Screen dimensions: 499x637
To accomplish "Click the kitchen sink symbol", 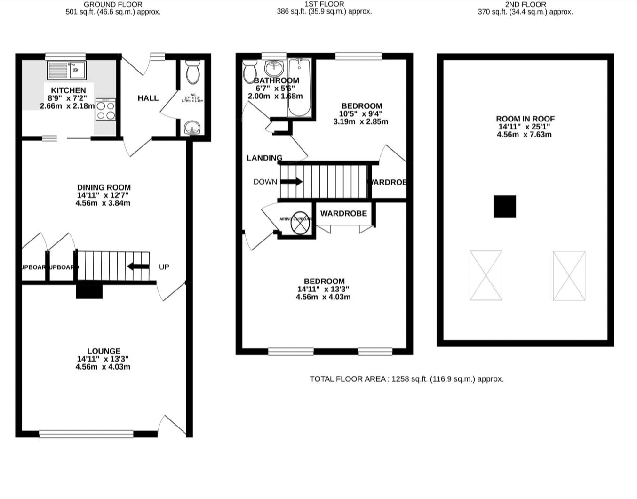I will coord(67,70).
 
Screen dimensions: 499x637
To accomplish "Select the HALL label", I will coord(148,98).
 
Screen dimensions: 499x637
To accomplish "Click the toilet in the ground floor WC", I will coord(193,72).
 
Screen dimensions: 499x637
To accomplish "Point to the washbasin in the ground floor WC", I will coord(192,128).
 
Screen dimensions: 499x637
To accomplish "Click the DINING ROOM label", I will coord(104,187).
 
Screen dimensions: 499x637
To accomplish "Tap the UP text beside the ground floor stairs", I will coord(164,267).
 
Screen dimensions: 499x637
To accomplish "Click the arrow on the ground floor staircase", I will coord(138,266).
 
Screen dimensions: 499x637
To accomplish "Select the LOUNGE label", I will coord(104,351).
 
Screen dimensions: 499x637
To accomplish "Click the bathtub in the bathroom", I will coord(299,88).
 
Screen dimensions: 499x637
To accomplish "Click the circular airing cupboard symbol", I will coord(300,223).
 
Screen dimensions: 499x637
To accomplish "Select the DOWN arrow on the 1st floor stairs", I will coord(292,182).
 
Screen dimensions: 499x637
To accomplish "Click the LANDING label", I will coord(264,158).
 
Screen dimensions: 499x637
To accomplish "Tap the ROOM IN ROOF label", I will coord(525,119).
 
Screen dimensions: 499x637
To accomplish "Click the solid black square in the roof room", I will coord(504,207).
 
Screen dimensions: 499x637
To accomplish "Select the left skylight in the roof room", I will coord(486,275).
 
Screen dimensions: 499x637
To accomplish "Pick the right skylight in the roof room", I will coord(569,275).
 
